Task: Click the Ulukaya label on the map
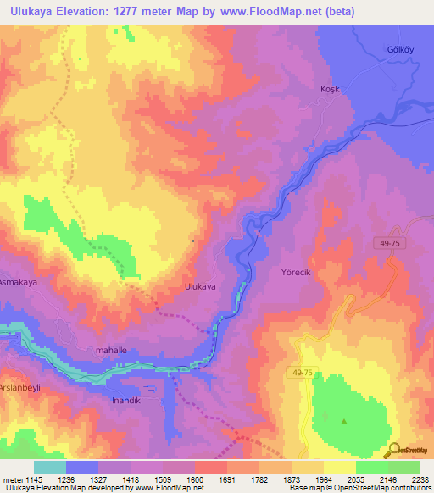[200, 287]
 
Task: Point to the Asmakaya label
[14, 281]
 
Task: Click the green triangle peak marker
[343, 421]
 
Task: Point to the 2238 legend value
[420, 479]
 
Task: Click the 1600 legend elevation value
[195, 479]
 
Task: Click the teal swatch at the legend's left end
[49, 467]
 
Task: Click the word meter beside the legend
[13, 479]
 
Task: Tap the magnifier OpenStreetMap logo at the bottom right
[393, 450]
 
